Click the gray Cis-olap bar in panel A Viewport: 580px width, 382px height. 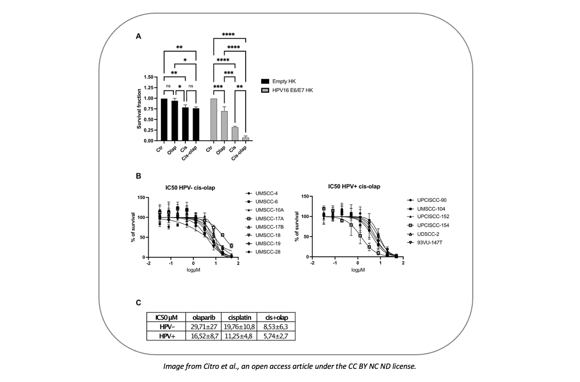pos(245,139)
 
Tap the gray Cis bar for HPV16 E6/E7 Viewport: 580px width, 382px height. pos(234,134)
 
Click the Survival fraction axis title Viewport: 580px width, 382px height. pos(139,109)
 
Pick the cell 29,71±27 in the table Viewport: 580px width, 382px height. pos(203,326)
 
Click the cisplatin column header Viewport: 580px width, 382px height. pos(240,317)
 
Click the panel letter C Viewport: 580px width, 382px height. pos(139,303)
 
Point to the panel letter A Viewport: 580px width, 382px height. pos(139,36)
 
